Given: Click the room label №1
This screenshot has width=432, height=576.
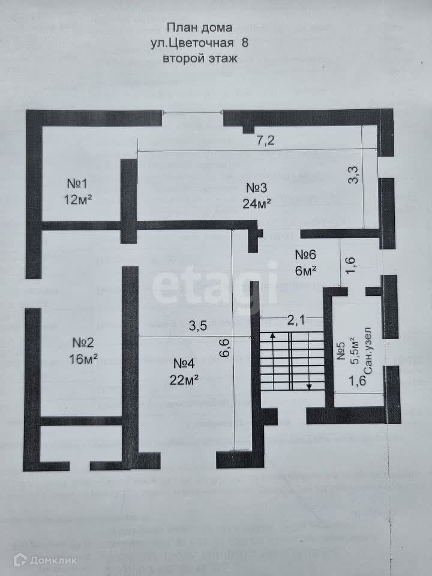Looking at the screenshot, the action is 77,184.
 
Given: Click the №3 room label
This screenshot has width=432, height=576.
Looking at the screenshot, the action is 256,187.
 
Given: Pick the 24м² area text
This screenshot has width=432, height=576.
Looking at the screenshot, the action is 256,203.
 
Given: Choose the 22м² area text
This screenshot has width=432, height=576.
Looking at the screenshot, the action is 184,379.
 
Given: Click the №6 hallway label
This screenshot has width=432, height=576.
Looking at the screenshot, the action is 304,254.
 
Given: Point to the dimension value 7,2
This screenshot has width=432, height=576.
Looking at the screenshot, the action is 265,140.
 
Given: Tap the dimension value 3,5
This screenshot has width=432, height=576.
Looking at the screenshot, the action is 199,327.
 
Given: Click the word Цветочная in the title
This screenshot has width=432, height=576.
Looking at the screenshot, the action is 198,42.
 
